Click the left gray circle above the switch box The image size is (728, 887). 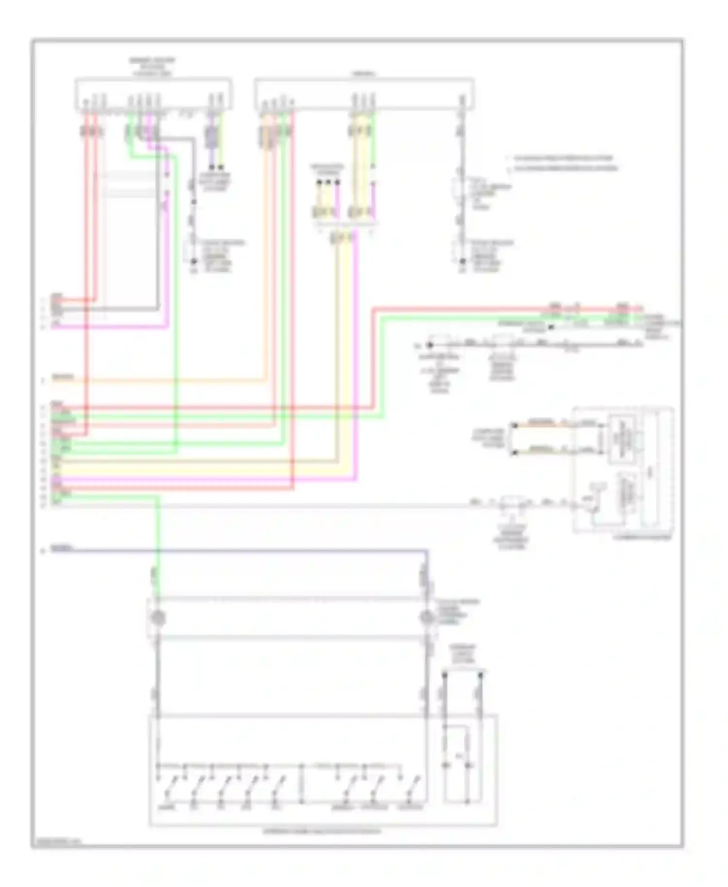pyautogui.click(x=158, y=618)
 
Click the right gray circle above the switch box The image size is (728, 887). pyautogui.click(x=427, y=618)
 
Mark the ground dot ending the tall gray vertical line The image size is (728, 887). pyautogui.click(x=463, y=262)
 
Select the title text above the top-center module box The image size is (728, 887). pyautogui.click(x=364, y=74)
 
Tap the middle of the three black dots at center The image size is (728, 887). pyautogui.click(x=328, y=183)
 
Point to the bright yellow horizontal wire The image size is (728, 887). pyautogui.click(x=194, y=471)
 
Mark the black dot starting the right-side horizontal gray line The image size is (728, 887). pyautogui.click(x=430, y=345)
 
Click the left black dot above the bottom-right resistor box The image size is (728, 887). pyautogui.click(x=444, y=675)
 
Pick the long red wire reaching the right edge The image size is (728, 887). pyautogui.click(x=485, y=308)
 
